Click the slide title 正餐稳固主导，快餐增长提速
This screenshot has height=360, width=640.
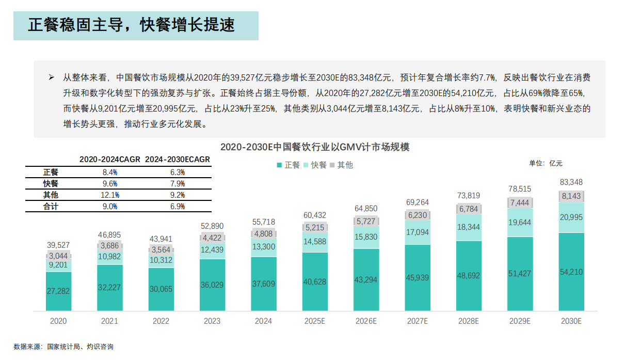131,25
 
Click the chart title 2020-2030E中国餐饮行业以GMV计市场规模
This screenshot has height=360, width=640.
315,147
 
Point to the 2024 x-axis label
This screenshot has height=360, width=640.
263,321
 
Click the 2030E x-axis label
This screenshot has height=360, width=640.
571,321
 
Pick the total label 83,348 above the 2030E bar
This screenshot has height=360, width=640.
571,182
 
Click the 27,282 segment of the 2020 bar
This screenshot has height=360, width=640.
58,291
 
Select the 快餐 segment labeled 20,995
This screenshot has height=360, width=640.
571,217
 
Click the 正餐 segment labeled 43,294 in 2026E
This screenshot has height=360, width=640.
366,279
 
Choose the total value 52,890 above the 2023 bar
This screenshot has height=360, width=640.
212,226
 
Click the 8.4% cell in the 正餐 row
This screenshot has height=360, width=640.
109,172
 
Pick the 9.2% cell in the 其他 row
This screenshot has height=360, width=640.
178,195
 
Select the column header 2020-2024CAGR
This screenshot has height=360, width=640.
109,160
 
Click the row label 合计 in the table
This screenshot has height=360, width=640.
51,206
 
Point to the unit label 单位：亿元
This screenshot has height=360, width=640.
546,163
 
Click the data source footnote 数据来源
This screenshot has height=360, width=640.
63,347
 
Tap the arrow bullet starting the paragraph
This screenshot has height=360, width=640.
51,77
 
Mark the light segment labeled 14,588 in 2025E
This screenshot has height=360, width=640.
314,242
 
